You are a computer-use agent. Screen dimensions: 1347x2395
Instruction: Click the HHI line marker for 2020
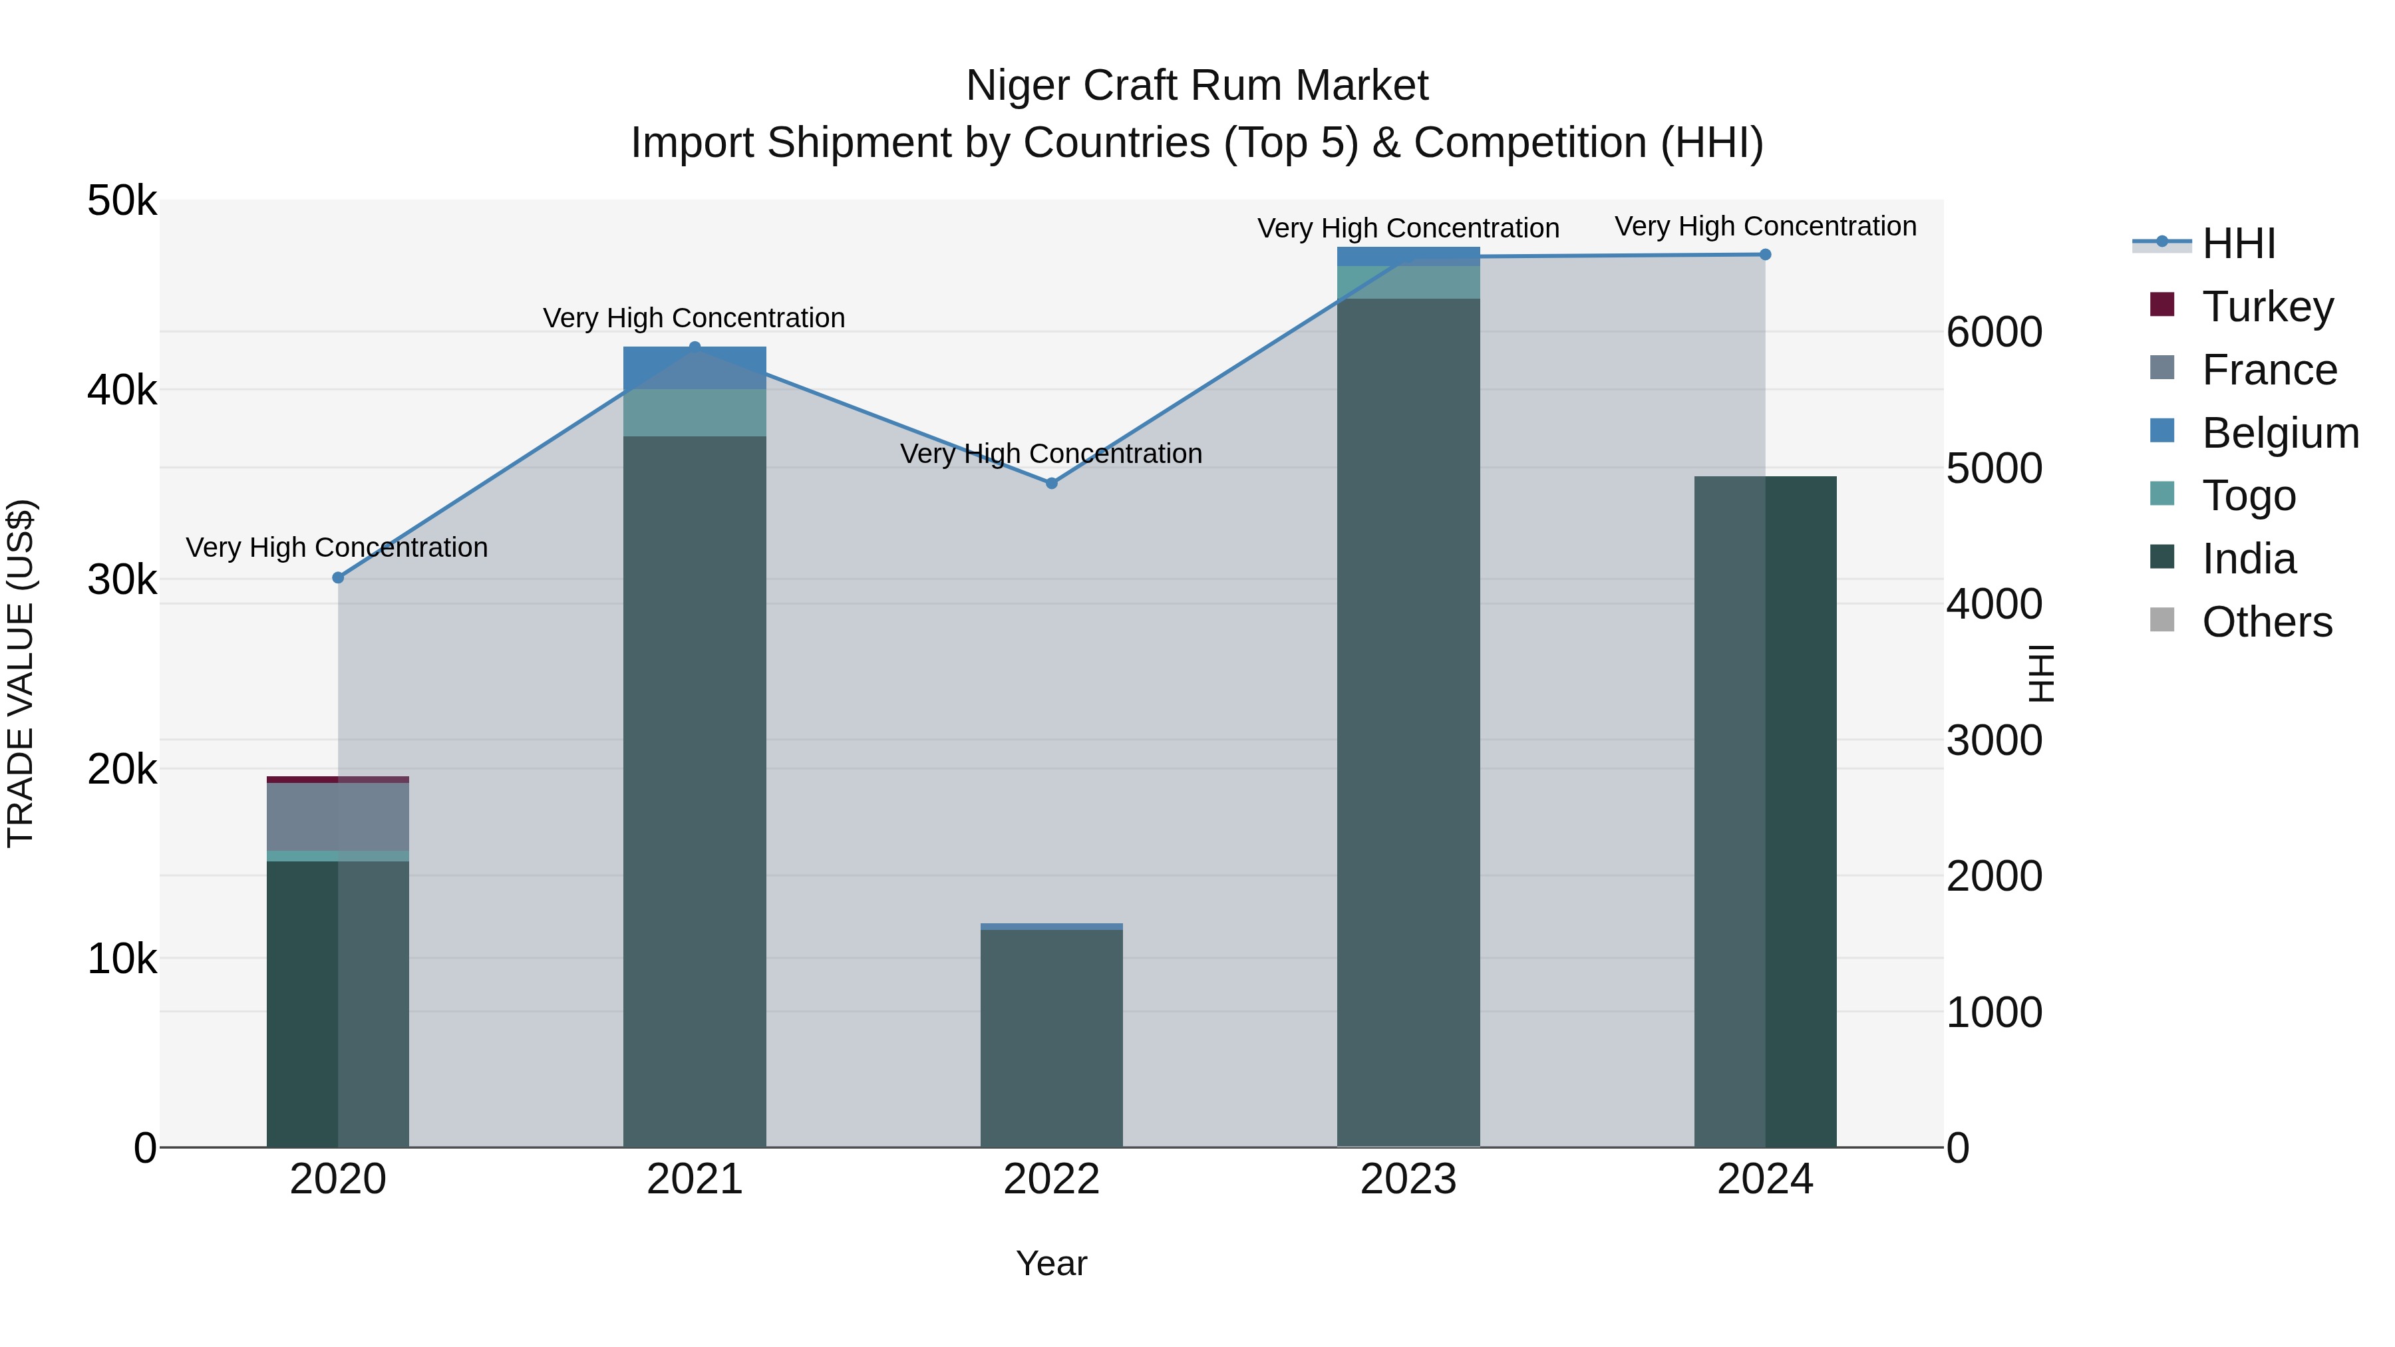coord(337,577)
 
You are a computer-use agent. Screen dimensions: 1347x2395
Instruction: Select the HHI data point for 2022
coord(1052,484)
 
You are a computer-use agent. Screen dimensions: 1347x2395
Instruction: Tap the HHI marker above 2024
coord(1764,255)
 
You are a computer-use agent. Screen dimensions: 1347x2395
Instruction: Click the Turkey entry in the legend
coord(2267,307)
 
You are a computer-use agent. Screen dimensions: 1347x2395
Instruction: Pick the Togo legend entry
coord(2248,496)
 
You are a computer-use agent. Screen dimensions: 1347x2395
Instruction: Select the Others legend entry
coord(2267,622)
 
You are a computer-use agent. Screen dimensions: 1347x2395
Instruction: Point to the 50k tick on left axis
coord(122,201)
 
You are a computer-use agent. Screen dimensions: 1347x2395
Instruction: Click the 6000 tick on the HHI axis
coord(1995,333)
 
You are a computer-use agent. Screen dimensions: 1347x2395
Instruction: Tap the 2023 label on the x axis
coord(1408,1179)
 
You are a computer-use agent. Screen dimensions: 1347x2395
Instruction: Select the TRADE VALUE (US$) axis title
coord(21,673)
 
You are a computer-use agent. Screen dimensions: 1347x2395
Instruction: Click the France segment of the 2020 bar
coord(337,817)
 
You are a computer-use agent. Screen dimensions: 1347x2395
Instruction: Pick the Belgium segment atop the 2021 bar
coord(694,367)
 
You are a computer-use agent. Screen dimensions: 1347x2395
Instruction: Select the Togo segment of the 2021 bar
coord(694,412)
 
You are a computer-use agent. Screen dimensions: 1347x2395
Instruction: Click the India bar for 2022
coord(1052,1038)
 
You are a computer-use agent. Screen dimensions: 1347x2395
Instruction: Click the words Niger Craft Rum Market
coord(1197,86)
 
